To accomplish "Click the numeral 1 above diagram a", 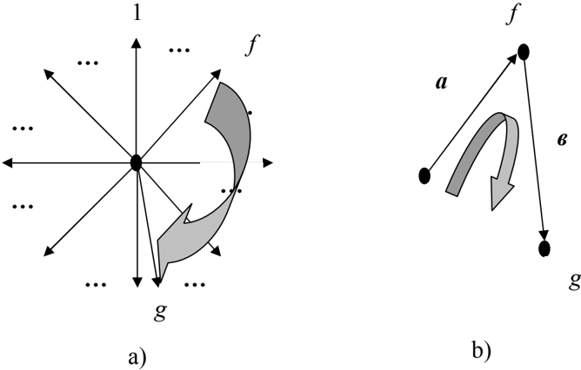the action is pyautogui.click(x=137, y=13).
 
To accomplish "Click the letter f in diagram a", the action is pyautogui.click(x=253, y=45).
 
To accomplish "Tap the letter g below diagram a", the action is pyautogui.click(x=160, y=312).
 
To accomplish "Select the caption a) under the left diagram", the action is pyautogui.click(x=137, y=358).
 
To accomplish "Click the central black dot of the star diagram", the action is pyautogui.click(x=137, y=162).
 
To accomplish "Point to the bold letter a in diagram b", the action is pyautogui.click(x=441, y=83).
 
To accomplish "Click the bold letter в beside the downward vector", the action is pyautogui.click(x=562, y=140).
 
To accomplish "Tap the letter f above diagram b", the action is pyautogui.click(x=511, y=14).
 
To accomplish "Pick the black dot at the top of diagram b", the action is pyautogui.click(x=524, y=52).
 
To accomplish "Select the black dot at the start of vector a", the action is pyautogui.click(x=424, y=175).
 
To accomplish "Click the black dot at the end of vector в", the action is pyautogui.click(x=544, y=248).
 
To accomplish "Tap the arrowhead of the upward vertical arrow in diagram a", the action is pyautogui.click(x=137, y=43).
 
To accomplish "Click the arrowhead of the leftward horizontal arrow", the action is pyautogui.click(x=7, y=162).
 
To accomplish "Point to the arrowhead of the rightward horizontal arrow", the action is pyautogui.click(x=268, y=162).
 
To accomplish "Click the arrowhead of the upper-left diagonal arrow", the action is pyautogui.click(x=49, y=74).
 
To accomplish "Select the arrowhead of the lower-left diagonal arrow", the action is pyautogui.click(x=49, y=251).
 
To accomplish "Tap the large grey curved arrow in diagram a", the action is pyautogui.click(x=240, y=155).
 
